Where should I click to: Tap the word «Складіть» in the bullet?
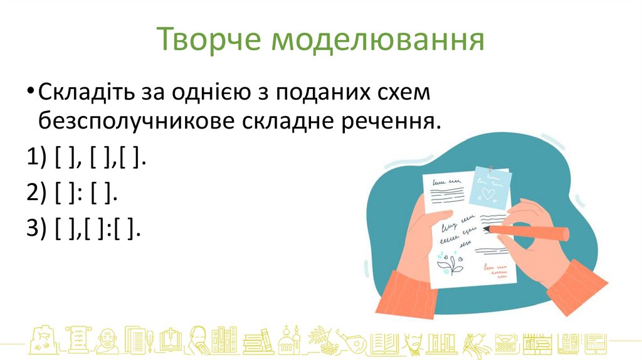83,93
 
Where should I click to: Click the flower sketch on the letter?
451,263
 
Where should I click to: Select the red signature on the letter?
495,270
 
